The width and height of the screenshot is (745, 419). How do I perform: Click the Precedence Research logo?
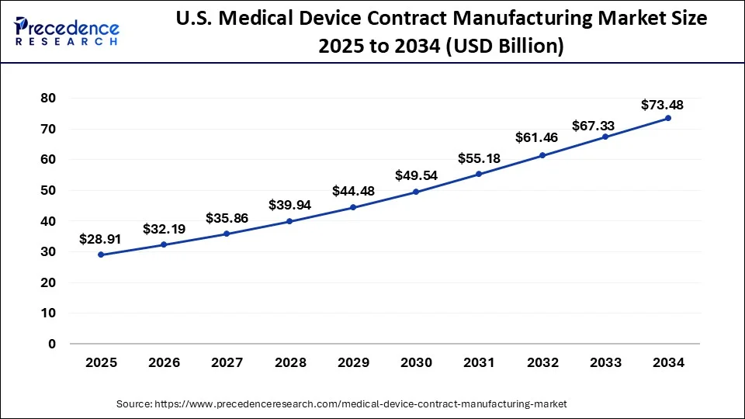click(67, 31)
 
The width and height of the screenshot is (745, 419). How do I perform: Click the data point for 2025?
click(102, 255)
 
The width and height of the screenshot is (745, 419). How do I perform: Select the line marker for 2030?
click(416, 192)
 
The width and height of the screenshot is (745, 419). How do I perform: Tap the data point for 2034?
click(667, 118)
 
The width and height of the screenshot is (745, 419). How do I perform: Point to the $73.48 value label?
click(662, 105)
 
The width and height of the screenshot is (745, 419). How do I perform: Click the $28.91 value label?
click(100, 240)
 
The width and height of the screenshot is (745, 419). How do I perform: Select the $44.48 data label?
click(353, 191)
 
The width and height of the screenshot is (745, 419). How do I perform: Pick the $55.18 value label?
click(479, 158)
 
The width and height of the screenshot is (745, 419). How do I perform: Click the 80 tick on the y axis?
click(49, 98)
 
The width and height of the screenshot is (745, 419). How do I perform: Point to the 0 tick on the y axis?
click(53, 344)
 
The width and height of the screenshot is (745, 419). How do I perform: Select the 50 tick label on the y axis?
click(49, 190)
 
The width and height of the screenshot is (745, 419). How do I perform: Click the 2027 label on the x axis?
click(227, 362)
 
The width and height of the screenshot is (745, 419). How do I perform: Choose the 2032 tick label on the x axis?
click(542, 362)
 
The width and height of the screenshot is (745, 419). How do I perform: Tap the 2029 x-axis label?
click(353, 362)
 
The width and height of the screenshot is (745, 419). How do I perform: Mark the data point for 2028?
click(290, 221)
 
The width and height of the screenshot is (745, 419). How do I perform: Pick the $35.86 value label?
click(227, 219)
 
